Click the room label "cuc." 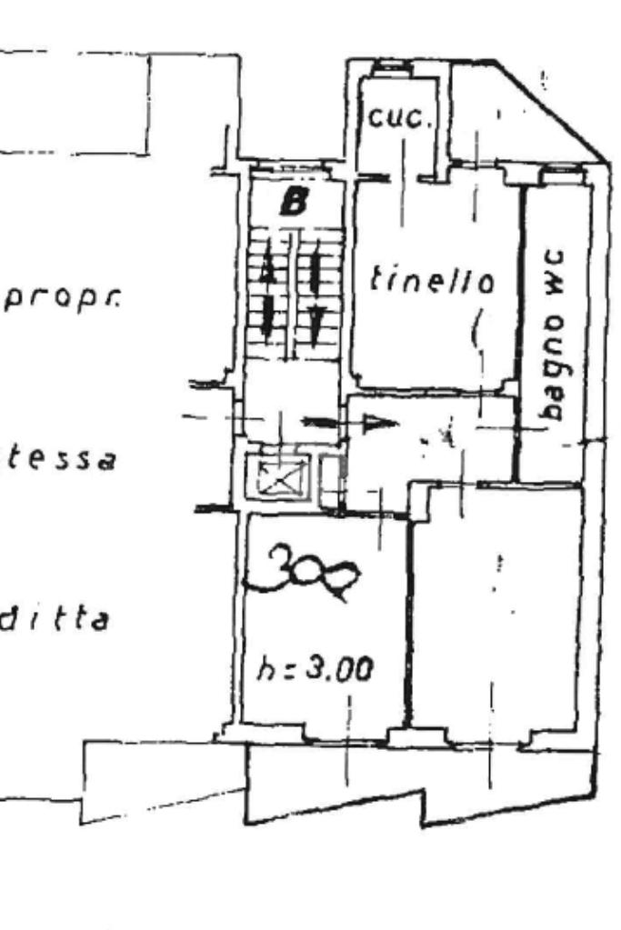click(x=395, y=118)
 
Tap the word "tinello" click(x=432, y=279)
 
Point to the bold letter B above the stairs click(x=293, y=203)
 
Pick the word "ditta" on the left click(x=56, y=621)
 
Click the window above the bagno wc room click(x=556, y=170)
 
